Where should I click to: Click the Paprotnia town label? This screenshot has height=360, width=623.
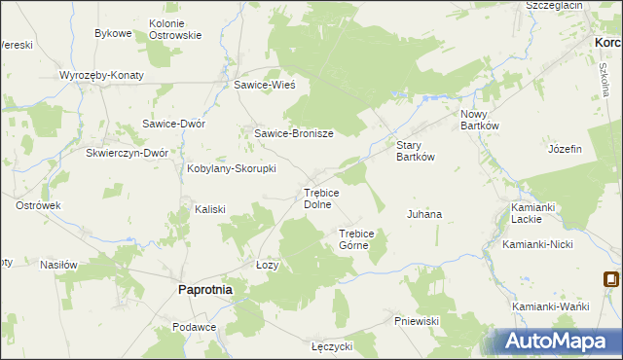204,289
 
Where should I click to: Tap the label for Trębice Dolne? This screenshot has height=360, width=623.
321,198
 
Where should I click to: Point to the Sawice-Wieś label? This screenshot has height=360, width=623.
271,85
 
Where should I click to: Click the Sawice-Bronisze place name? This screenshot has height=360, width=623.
294,133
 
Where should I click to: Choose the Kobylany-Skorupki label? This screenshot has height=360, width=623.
232,168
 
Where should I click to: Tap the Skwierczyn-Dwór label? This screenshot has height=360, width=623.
128,153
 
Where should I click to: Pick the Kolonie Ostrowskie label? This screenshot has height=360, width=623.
175,29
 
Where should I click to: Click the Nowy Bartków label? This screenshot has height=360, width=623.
479,120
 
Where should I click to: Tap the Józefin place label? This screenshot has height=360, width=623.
565,149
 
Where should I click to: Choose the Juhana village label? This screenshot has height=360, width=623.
424,213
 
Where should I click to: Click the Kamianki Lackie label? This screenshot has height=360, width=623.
532,214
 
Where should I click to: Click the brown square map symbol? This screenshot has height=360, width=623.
611,279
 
